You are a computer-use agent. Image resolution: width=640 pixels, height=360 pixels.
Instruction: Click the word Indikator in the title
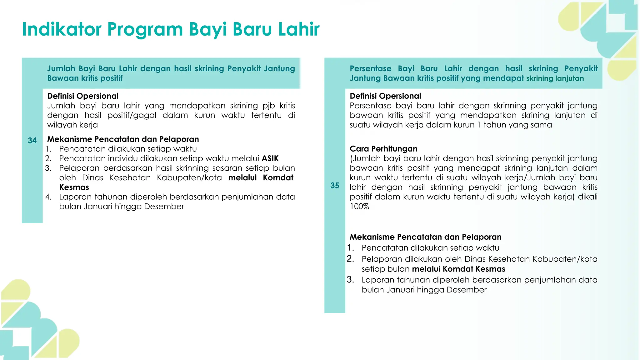tap(62, 29)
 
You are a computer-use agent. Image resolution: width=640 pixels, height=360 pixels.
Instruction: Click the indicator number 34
tap(32, 141)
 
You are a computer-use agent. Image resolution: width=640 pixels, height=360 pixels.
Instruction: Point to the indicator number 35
tap(335, 186)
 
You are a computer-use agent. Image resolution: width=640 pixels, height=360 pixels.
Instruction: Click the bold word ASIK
tap(270, 158)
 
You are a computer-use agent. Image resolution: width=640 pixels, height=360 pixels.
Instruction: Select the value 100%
tap(359, 207)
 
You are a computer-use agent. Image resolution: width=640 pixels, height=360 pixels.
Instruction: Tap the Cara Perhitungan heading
tap(383, 149)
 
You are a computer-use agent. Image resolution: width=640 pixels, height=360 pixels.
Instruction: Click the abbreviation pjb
tap(268, 106)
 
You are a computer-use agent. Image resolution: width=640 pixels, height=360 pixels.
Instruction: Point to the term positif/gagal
tap(132, 115)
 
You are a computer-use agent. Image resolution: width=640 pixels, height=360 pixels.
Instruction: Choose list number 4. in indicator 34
tap(48, 197)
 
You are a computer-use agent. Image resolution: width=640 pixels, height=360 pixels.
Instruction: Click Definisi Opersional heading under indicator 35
tap(385, 96)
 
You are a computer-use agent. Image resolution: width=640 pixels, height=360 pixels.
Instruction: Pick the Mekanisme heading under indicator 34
tap(123, 139)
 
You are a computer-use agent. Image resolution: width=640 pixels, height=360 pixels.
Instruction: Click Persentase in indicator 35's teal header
tap(370, 68)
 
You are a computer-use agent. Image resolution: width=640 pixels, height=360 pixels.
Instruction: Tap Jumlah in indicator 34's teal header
tap(61, 68)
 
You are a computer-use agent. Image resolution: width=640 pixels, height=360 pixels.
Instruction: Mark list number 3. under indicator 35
tap(350, 279)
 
